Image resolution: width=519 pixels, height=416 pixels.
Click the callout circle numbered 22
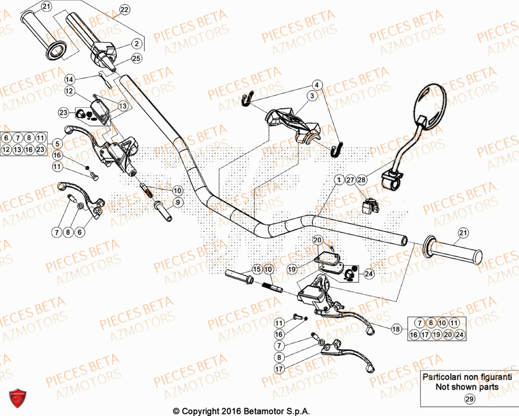(x=124, y=10)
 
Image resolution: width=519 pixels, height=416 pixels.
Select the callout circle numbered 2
(x=136, y=44)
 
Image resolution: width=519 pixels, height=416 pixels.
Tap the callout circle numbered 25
(x=136, y=59)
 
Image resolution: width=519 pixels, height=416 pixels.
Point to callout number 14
(x=70, y=79)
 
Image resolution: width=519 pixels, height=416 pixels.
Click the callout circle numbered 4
(x=318, y=85)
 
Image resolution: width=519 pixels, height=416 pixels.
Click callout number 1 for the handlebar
(x=338, y=179)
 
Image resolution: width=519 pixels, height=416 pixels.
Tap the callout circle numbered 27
(x=350, y=179)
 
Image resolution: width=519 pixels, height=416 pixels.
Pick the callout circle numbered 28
(x=362, y=179)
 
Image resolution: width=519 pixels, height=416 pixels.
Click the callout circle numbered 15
(x=256, y=269)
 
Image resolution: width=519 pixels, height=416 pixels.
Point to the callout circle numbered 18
(x=396, y=329)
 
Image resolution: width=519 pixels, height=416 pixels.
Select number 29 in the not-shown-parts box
(x=469, y=399)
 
